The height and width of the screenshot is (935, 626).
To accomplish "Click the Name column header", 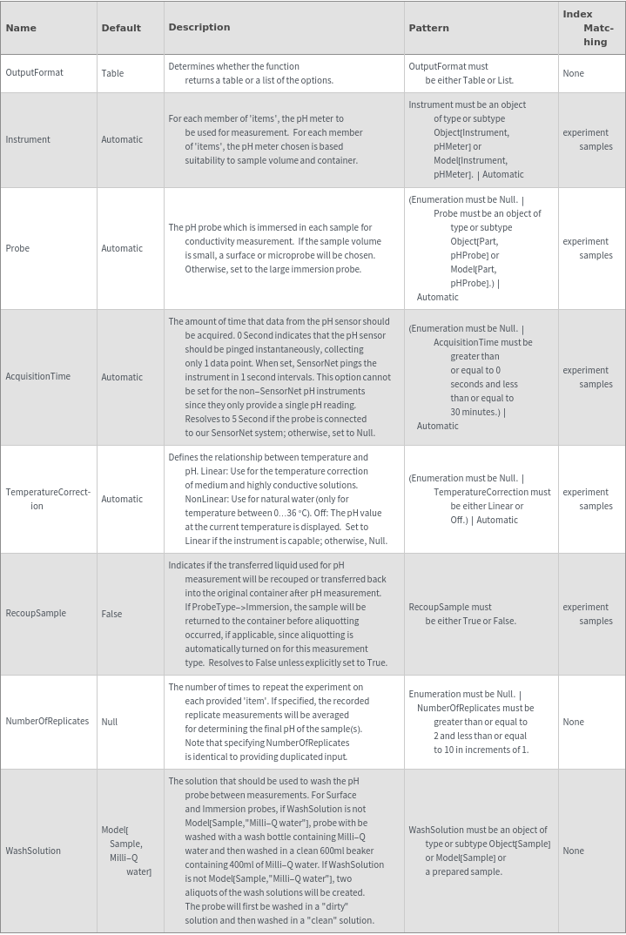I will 21,28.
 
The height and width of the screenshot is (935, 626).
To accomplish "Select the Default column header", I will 121,28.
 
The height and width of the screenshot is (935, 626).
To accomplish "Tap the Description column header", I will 199,27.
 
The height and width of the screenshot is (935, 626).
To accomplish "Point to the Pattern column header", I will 429,28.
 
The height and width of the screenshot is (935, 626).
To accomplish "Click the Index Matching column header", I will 589,28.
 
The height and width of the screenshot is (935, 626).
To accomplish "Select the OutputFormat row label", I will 35,73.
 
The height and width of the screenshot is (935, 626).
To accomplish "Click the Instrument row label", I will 28,139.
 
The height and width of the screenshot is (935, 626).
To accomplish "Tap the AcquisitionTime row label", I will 38,377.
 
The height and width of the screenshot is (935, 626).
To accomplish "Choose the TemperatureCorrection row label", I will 48,499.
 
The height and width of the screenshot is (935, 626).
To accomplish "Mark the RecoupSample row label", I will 36,614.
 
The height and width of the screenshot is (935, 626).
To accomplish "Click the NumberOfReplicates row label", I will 47,722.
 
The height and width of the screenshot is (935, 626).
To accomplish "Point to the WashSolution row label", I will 33,851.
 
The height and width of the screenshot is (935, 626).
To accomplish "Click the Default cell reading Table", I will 112,73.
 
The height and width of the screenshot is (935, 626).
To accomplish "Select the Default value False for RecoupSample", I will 111,614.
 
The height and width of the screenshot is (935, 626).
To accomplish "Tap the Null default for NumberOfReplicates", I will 109,722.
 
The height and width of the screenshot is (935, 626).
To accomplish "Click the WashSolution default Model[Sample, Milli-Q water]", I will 126,851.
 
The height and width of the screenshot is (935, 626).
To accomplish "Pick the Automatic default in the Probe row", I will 122,248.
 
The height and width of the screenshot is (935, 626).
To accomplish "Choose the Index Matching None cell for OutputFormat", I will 573,73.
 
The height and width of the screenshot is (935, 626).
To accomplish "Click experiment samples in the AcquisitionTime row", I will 588,377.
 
